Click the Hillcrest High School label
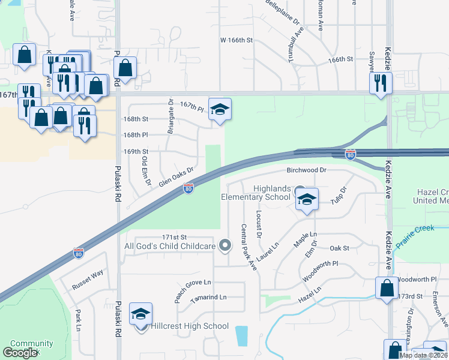pyautogui.click(x=189, y=326)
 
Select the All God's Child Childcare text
pyautogui.click(x=170, y=246)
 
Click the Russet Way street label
pyautogui.click(x=88, y=273)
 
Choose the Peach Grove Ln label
pyautogui.click(x=193, y=282)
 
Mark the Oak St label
pyautogui.click(x=339, y=248)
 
